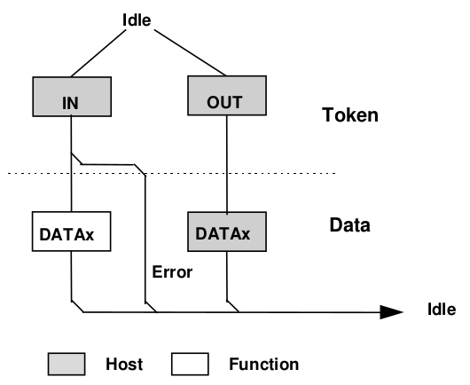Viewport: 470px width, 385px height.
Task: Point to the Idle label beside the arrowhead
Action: coord(440,310)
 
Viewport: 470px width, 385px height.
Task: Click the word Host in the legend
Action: coord(123,364)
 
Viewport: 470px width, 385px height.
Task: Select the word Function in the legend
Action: coord(263,364)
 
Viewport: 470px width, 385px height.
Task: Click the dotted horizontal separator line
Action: coord(266,172)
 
